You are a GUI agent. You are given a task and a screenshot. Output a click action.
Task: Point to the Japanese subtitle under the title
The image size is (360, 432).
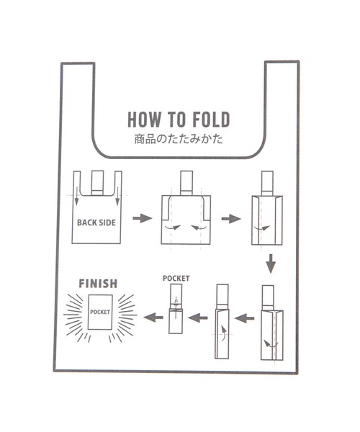pos(179,139)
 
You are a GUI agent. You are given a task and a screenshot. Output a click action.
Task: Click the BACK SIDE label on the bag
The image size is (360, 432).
pos(96,222)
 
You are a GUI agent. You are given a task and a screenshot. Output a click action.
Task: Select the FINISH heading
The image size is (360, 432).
pos(98,284)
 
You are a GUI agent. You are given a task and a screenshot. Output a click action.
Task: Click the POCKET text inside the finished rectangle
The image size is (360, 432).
pos(100,312)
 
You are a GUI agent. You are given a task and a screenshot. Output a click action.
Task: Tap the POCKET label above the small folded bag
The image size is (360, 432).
pos(176,278)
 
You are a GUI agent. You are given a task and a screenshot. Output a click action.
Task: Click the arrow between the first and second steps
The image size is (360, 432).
pos(142,218)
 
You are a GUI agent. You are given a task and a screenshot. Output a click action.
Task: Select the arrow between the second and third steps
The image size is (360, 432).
pos(231,219)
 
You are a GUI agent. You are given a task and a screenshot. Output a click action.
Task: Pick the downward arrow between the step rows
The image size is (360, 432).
pos(271,264)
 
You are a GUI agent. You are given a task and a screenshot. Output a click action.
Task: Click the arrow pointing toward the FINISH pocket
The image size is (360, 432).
pos(153,318)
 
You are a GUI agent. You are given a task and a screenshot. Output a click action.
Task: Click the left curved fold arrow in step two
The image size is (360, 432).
pos(173,228)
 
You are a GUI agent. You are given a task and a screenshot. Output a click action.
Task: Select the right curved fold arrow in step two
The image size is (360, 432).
pos(199,228)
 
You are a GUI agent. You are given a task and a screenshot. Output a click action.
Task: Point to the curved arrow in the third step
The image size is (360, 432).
pos(262,228)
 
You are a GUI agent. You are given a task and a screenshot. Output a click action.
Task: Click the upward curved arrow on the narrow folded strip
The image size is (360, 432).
pos(224,333)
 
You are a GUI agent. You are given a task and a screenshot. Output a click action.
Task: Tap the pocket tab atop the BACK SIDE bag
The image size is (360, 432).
pos(97,183)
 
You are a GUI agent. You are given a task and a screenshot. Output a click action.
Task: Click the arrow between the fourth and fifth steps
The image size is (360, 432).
pos(245,319)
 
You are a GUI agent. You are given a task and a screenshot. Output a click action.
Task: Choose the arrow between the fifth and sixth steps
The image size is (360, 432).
pos(198,318)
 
